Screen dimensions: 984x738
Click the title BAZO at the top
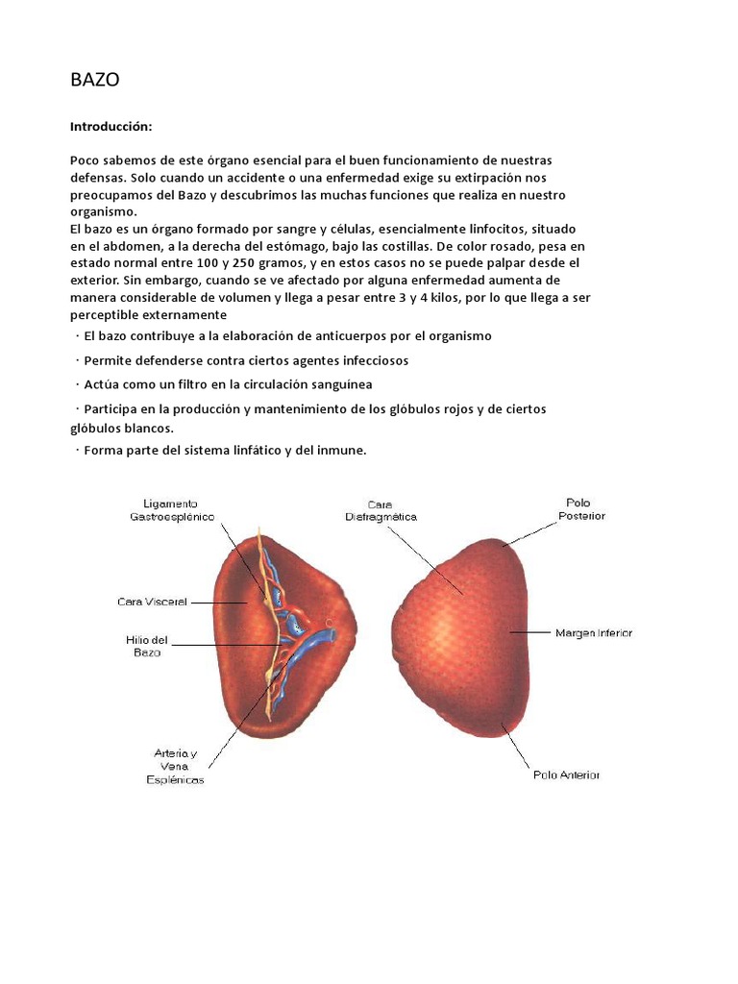click(94, 81)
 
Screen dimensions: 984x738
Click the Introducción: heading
click(111, 127)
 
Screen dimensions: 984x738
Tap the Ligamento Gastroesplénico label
click(173, 509)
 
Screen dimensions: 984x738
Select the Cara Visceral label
click(151, 603)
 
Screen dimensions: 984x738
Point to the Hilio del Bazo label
click(147, 646)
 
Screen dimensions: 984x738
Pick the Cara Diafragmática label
click(381, 509)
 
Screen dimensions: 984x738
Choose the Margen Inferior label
click(594, 633)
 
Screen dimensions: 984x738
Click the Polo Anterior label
click(567, 775)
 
